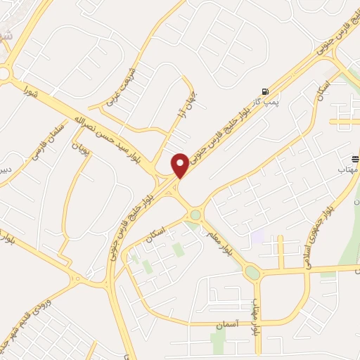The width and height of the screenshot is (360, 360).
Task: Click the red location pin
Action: point(180,165)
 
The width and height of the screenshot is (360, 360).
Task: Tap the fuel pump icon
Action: point(264,91)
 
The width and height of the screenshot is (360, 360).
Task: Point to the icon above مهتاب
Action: point(355,160)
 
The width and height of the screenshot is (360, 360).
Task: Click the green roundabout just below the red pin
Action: point(195,215)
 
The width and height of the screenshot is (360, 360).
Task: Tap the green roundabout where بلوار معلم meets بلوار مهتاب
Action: point(252,272)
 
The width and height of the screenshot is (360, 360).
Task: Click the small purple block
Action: point(257,237)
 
